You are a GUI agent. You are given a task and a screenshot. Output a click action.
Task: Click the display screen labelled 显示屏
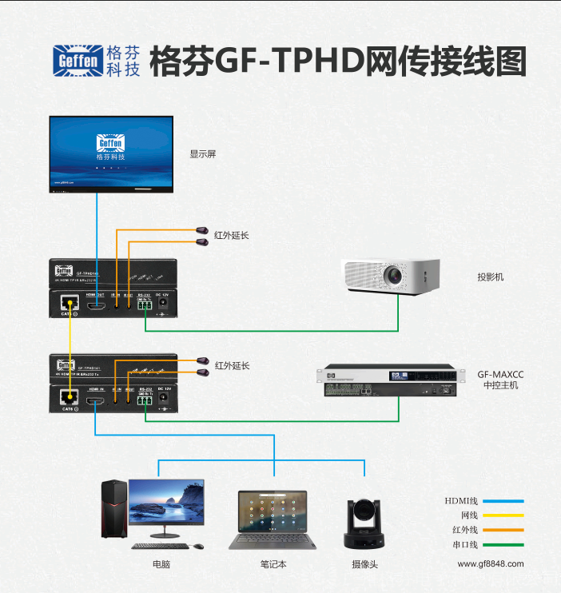point(112,153)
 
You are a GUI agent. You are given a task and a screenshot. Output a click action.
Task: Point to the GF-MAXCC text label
point(501,373)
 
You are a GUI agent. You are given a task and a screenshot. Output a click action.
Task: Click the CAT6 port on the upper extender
point(70,304)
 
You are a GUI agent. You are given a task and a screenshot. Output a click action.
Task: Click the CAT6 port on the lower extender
point(70,397)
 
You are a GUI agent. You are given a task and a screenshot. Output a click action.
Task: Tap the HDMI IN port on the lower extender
point(96,399)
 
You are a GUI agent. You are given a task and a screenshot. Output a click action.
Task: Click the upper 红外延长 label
point(232,235)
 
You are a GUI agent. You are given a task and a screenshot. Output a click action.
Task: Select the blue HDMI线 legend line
point(503,501)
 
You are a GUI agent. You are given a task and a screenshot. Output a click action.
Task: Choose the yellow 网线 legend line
point(503,515)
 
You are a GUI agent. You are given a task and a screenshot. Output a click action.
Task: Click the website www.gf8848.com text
point(491,563)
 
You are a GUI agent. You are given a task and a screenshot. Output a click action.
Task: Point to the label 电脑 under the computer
point(161,564)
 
